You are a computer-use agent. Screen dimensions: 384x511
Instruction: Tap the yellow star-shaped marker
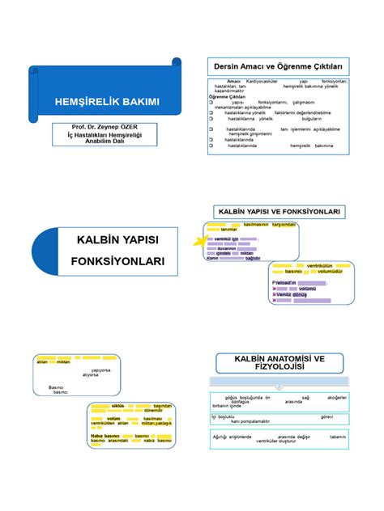coord(197,241)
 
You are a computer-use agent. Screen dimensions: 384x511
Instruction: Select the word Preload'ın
coord(284,282)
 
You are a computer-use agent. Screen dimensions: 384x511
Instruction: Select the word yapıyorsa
coord(100,370)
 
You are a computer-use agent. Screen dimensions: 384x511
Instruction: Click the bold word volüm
coord(113,418)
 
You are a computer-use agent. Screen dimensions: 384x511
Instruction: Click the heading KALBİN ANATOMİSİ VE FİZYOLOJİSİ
coord(279,362)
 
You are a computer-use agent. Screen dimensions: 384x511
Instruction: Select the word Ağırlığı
coord(221,436)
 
